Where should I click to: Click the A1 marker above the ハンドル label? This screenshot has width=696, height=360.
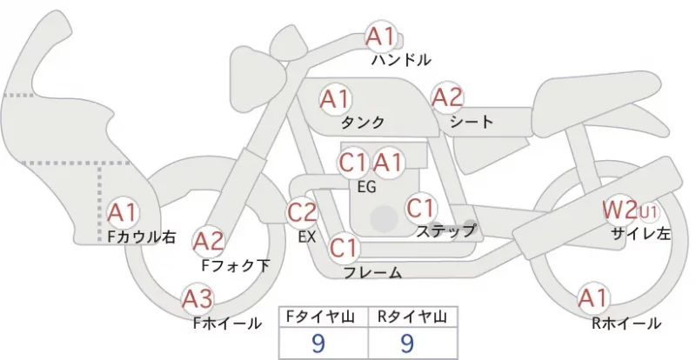(x=380, y=37)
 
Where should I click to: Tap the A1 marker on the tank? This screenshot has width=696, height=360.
(x=335, y=99)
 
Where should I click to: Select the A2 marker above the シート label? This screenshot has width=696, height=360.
(x=447, y=97)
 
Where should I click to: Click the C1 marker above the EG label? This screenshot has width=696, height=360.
(x=354, y=163)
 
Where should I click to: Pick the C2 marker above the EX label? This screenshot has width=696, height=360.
(x=302, y=212)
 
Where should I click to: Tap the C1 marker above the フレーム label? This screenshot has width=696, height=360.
(x=344, y=247)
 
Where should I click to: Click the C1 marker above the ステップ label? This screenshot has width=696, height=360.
(x=421, y=208)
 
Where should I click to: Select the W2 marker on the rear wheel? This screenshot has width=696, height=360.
(x=619, y=210)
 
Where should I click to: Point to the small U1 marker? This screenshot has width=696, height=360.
(x=647, y=213)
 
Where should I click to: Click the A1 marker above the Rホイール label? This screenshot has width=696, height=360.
(x=592, y=298)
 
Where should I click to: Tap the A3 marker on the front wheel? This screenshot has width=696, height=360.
(x=197, y=299)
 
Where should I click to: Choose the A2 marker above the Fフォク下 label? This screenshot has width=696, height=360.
(x=209, y=242)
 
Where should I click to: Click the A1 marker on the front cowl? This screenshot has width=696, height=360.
(x=123, y=213)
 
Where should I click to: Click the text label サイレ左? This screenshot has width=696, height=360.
(x=640, y=234)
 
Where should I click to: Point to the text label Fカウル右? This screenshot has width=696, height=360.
(x=142, y=237)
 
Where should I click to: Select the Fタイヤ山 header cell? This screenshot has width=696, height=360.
(x=324, y=317)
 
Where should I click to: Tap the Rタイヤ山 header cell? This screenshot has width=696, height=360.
(x=412, y=317)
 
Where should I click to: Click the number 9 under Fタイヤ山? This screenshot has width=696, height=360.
(x=318, y=343)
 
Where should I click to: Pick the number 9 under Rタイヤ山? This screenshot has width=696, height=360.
(x=407, y=343)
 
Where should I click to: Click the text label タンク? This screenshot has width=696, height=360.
(x=363, y=122)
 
